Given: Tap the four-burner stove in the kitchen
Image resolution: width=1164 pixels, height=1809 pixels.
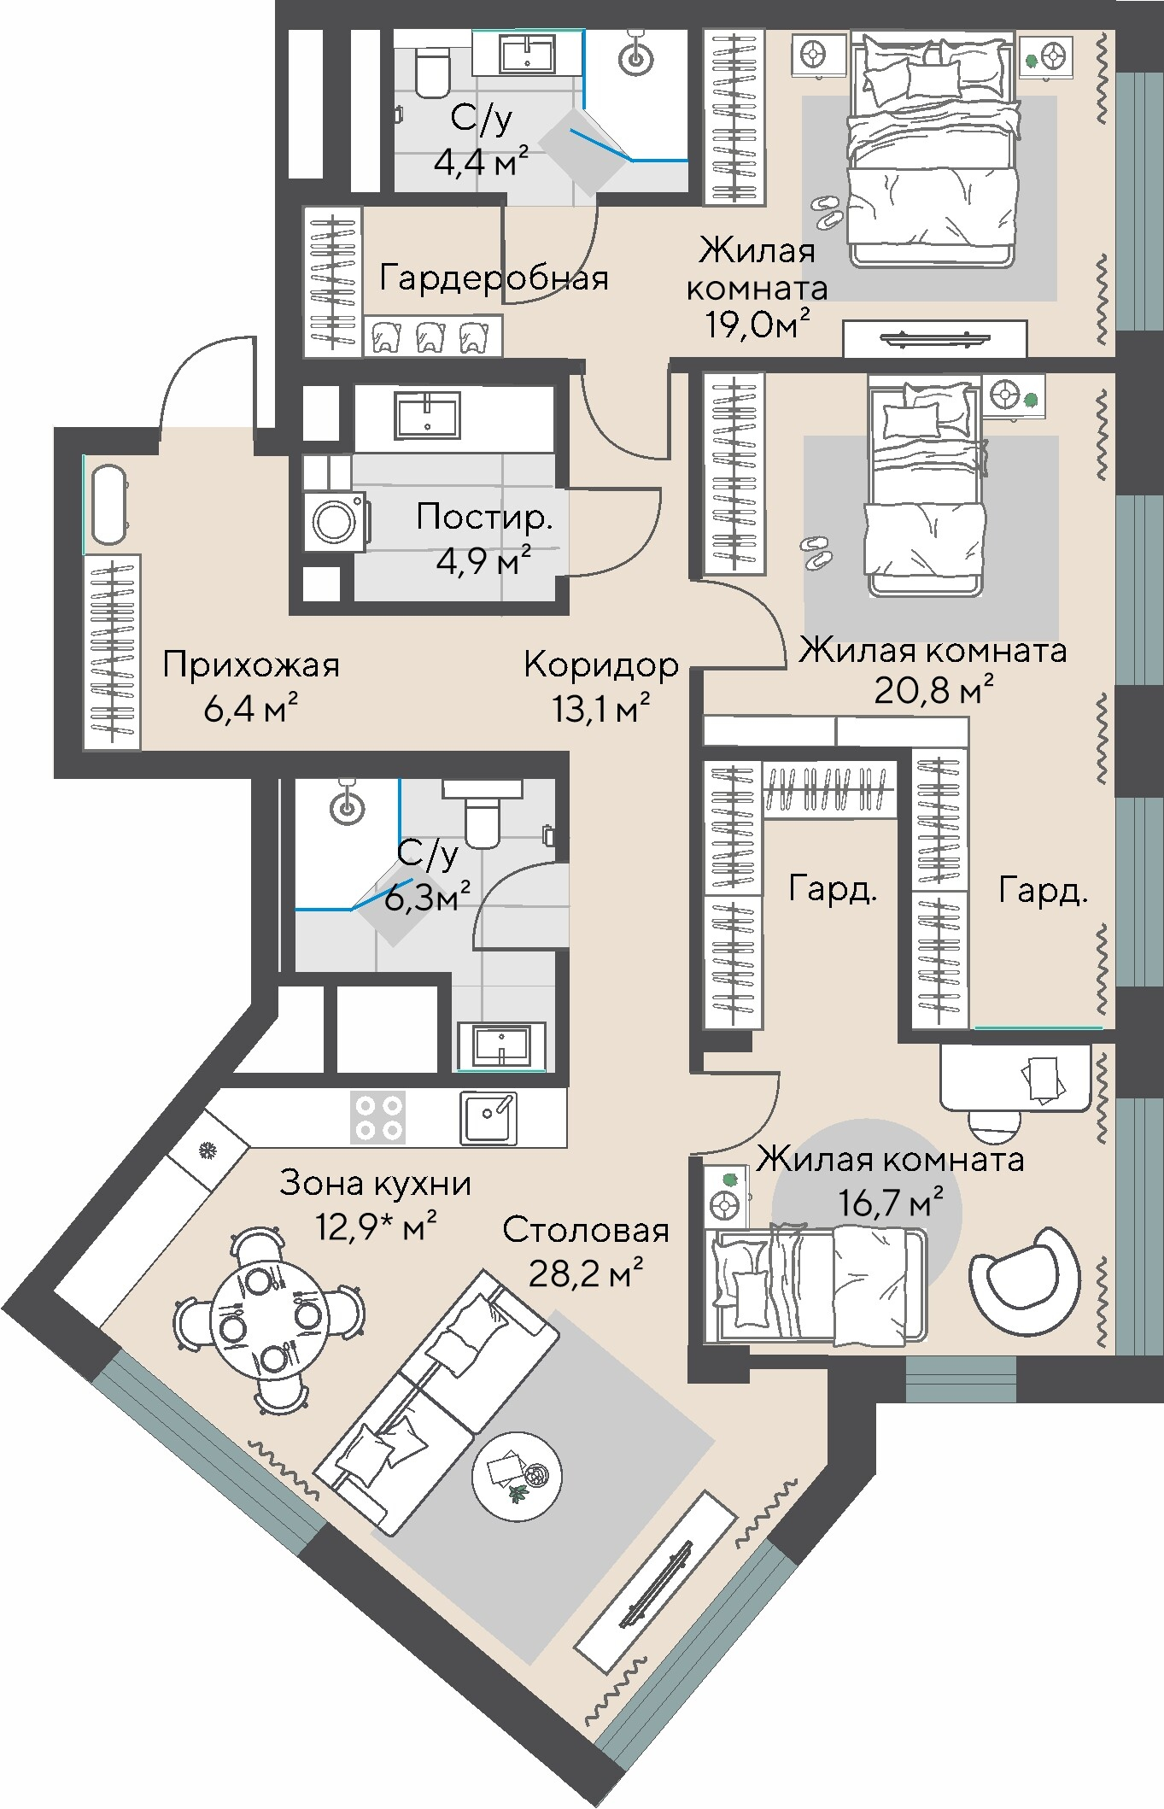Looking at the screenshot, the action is click(378, 1117).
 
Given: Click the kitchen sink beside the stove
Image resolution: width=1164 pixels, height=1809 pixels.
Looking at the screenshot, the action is click(488, 1118).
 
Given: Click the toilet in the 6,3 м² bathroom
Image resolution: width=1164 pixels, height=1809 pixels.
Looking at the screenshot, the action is click(483, 815).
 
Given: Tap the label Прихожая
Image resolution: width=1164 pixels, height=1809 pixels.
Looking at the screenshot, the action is click(251, 665).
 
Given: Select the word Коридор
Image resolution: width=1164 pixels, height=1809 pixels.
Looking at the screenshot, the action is click(601, 664).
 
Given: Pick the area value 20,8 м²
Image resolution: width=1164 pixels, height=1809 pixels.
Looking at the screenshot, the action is click(933, 689).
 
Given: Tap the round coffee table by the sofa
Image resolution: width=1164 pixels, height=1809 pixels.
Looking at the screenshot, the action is click(517, 1476).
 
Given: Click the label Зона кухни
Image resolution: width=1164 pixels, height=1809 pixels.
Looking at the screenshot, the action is click(376, 1184).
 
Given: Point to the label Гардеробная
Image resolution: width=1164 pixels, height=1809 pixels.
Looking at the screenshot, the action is click(494, 278).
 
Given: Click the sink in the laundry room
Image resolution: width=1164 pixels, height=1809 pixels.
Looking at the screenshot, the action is click(427, 416).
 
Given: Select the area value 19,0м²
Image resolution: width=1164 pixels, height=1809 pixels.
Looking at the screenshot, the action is click(757, 325).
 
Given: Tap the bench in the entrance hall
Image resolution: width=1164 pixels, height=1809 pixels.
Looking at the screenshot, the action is click(109, 504).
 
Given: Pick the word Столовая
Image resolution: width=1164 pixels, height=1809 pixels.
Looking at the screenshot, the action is click(586, 1231).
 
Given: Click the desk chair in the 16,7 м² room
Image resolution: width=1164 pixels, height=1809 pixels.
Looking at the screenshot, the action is click(995, 1125).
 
